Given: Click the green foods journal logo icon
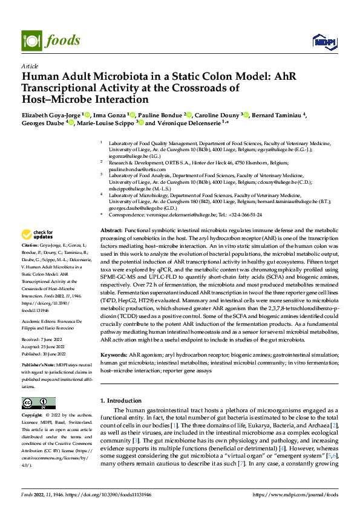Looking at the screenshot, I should click(31, 40).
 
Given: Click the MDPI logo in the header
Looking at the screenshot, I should click(323, 41).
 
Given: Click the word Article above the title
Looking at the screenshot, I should click(30, 66).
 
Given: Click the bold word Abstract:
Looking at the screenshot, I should click(111, 232).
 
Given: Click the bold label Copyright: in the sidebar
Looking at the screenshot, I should click(33, 417).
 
